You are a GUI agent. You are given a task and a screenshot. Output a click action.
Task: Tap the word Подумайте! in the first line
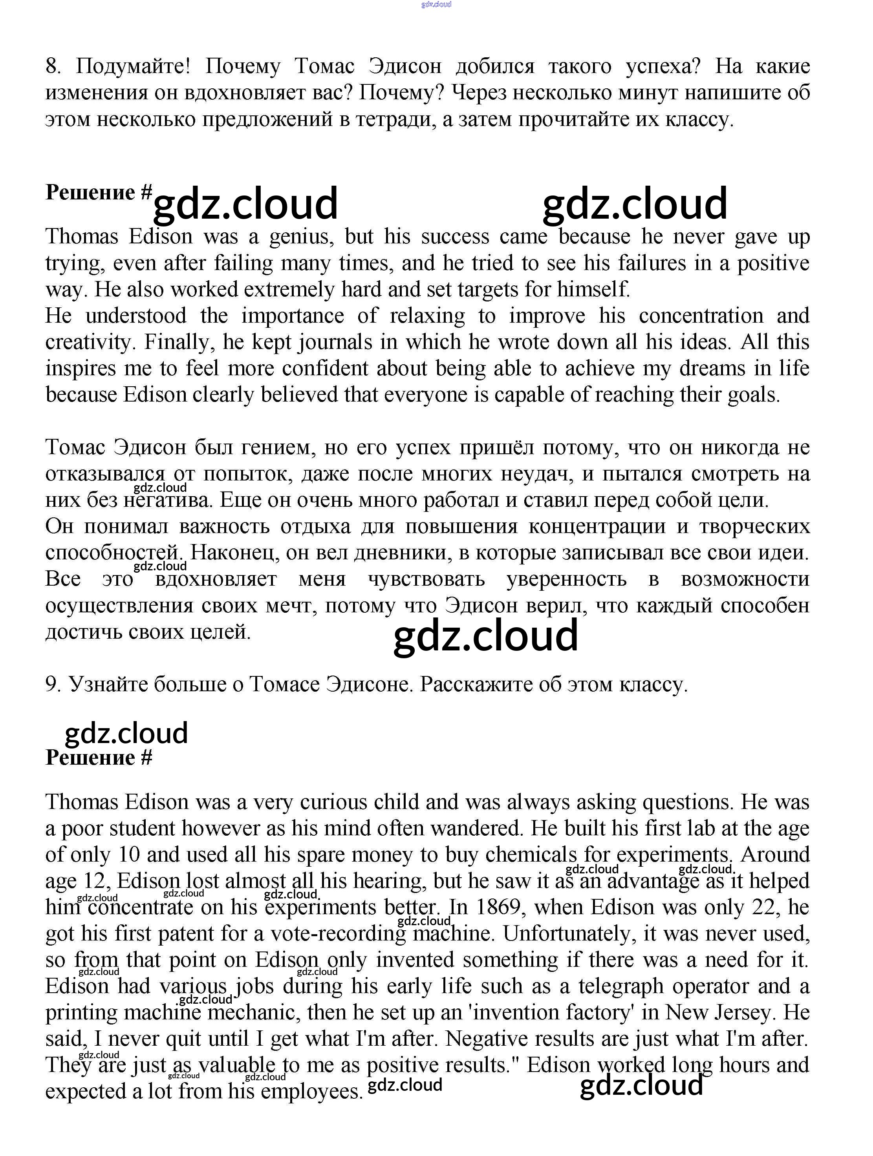coord(133,66)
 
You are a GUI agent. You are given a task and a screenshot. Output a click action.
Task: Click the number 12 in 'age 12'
coord(95,881)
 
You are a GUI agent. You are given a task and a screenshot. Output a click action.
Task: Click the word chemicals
coord(531,855)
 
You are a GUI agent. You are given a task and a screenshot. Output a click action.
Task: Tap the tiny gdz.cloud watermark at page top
coord(436,5)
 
